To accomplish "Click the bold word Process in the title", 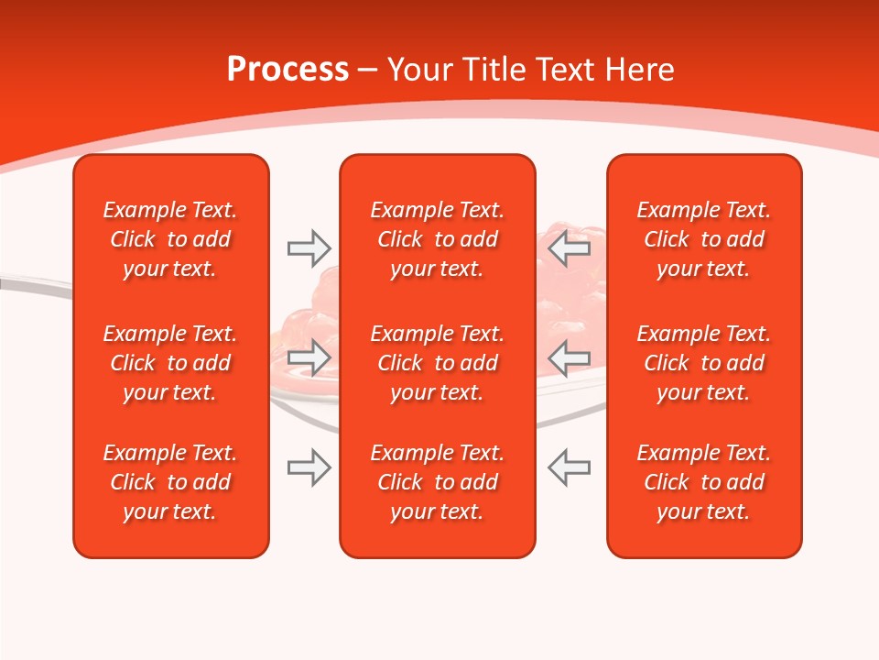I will pyautogui.click(x=288, y=70).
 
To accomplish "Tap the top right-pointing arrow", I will pyautogui.click(x=309, y=248).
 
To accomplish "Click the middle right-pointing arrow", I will pyautogui.click(x=309, y=357).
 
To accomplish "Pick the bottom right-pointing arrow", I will pyautogui.click(x=309, y=467).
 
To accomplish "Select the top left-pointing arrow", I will pyautogui.click(x=570, y=248).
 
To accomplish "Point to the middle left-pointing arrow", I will pyautogui.click(x=570, y=357).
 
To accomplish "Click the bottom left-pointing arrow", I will pyautogui.click(x=570, y=467).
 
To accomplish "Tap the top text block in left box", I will pyautogui.click(x=170, y=239).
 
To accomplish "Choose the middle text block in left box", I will pyautogui.click(x=170, y=363).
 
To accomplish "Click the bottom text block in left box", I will pyautogui.click(x=170, y=482).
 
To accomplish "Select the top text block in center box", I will pyautogui.click(x=437, y=239).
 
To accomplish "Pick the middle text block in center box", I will pyautogui.click(x=437, y=363).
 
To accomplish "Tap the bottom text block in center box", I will pyautogui.click(x=437, y=482).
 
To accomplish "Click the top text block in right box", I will pyautogui.click(x=703, y=239).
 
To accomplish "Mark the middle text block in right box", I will pyautogui.click(x=703, y=363).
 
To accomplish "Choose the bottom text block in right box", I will pyautogui.click(x=703, y=482).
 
